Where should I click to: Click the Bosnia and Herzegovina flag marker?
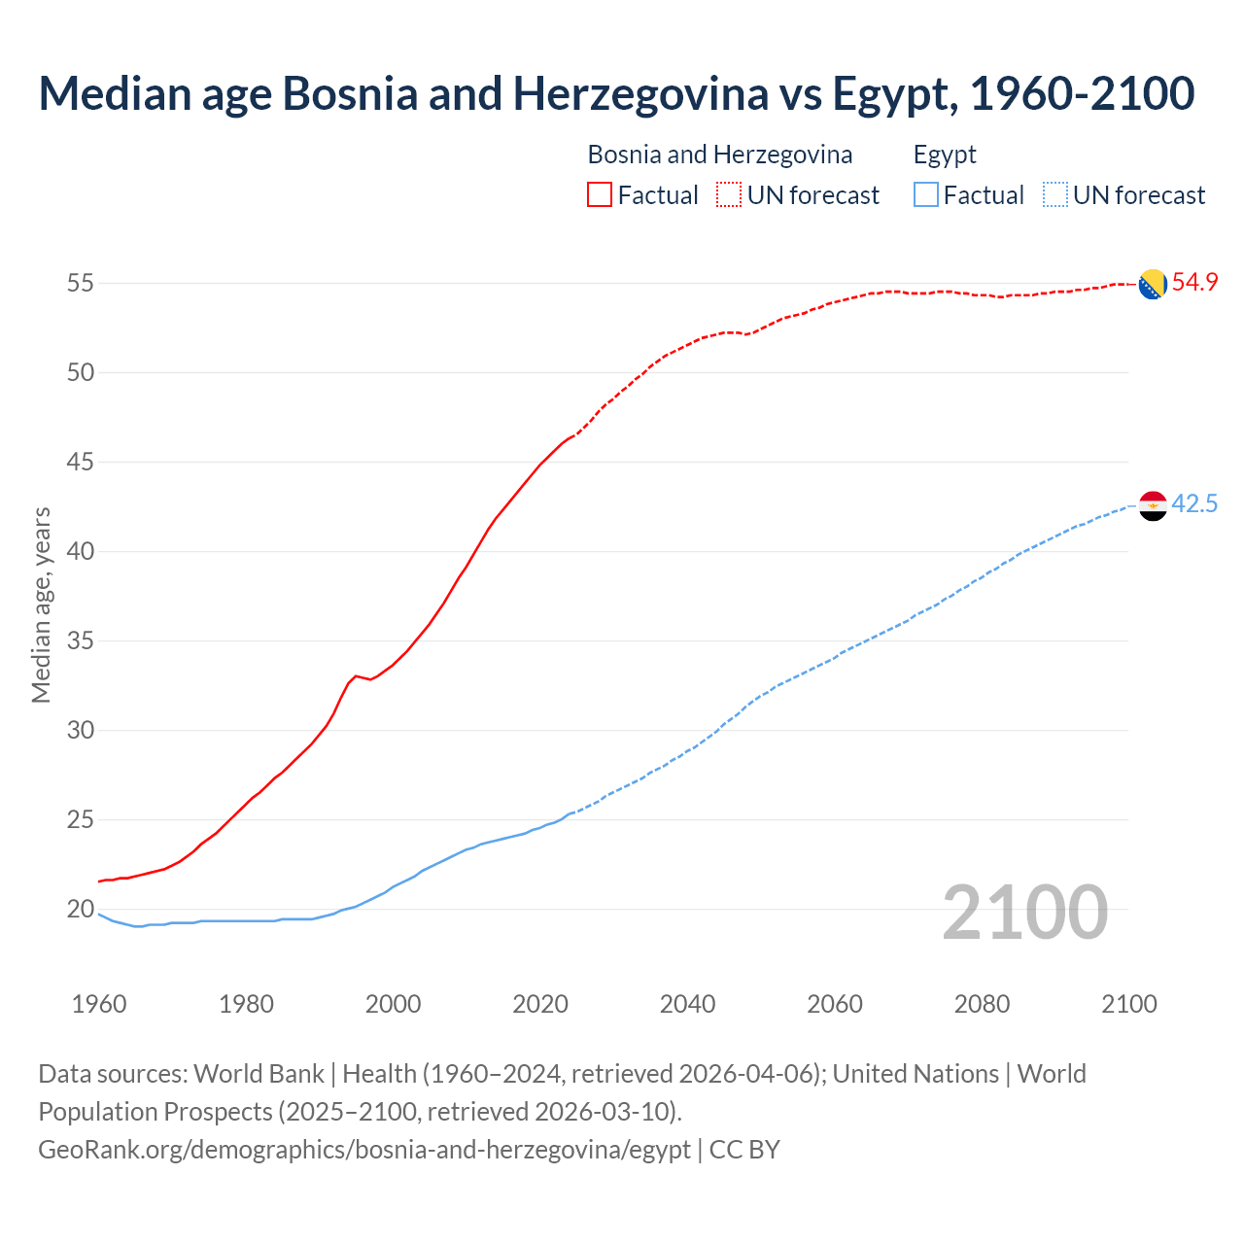point(1153,284)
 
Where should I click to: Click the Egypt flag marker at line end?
point(1153,505)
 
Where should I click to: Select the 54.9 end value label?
point(1194,283)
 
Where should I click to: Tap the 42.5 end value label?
point(1194,504)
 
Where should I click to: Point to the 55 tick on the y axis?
point(80,284)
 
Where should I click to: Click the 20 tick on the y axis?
point(80,910)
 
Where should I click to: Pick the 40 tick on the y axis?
point(80,552)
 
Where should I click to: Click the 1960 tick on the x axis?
point(99,1004)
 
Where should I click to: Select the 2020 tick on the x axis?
point(540,1004)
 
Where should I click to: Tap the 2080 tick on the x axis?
point(982,1004)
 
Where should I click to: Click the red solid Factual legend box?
point(600,195)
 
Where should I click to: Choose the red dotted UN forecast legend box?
point(729,195)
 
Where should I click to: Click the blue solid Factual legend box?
point(926,195)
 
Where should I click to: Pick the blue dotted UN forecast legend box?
point(1055,195)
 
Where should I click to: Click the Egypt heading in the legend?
point(945,155)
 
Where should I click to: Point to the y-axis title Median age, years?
point(41,605)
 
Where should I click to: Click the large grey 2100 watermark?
point(1024,912)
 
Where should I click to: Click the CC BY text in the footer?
point(744,1150)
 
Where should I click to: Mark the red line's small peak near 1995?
point(356,675)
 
